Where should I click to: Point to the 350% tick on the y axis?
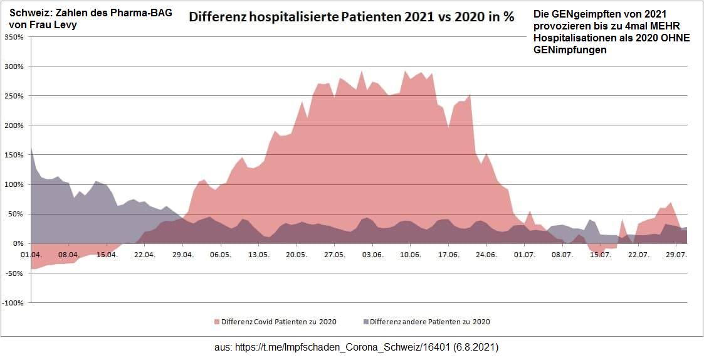[x=13, y=37]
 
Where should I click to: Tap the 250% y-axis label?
[x=13, y=96]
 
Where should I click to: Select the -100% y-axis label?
[x=12, y=303]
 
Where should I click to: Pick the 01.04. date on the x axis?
[x=31, y=255]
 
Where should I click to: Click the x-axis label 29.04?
[x=182, y=255]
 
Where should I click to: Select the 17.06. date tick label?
[x=448, y=255]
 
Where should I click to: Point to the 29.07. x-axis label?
[x=676, y=255]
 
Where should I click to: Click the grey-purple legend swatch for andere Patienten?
[x=366, y=322]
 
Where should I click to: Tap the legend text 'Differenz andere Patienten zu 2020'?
[x=430, y=322]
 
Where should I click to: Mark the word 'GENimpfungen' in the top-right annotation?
[x=570, y=50]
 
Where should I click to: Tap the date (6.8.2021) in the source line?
[x=476, y=346]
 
